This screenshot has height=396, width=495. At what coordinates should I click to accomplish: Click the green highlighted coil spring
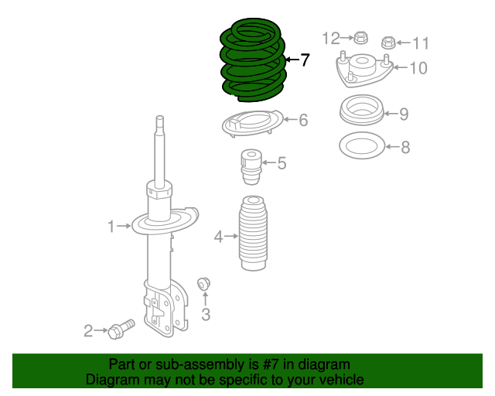coord(252,60)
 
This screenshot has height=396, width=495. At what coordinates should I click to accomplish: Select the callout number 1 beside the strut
coord(111,226)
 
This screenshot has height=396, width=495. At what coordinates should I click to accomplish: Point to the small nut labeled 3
coord(205,284)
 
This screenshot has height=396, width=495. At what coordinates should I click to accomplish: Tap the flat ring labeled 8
coord(361,145)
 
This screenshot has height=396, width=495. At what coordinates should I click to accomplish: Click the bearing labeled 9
coord(362,111)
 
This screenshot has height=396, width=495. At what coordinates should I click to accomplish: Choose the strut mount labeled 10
coord(362,70)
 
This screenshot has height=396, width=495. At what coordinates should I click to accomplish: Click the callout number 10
coord(418,68)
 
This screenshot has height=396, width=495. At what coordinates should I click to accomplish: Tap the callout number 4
coord(219,237)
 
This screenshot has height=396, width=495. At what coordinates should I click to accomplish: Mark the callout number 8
coord(405,147)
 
